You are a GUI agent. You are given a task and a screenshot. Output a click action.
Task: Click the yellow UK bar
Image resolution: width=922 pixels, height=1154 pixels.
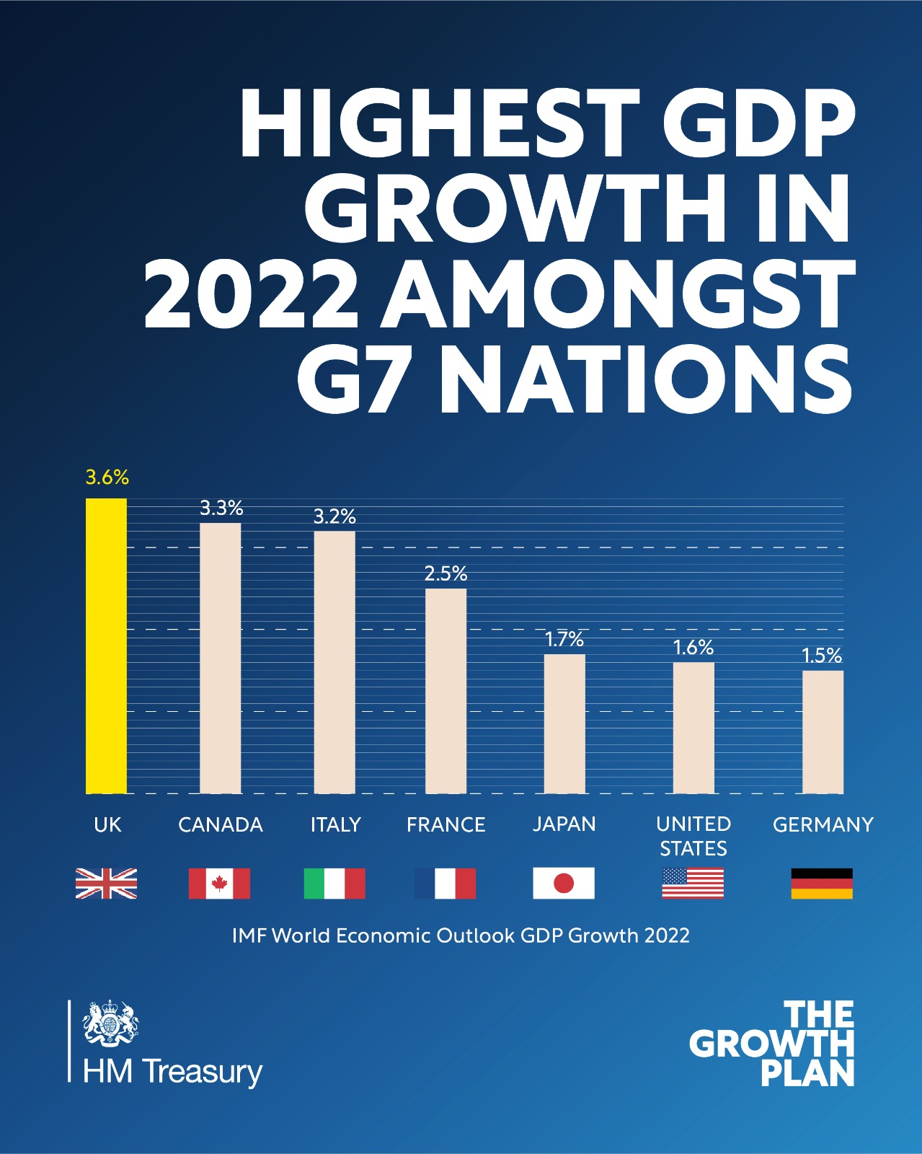[x=106, y=646]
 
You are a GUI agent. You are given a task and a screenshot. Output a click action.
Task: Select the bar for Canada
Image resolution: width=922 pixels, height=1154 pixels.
[x=220, y=658]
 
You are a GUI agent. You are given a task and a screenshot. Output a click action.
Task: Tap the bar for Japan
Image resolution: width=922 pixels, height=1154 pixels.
[x=564, y=723]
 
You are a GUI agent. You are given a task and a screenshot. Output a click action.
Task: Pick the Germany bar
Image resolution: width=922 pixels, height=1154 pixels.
[x=823, y=732]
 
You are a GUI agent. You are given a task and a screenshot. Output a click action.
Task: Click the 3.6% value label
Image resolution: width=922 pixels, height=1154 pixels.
[x=107, y=477]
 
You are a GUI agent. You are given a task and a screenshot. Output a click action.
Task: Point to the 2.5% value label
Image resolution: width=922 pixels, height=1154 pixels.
[x=446, y=574]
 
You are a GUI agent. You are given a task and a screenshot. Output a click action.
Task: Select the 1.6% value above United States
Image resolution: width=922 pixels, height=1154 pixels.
[x=693, y=648]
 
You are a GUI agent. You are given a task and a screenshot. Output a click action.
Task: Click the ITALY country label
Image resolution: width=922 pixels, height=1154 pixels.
[x=335, y=824]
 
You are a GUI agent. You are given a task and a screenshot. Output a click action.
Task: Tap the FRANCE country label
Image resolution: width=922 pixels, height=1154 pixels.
[x=446, y=824]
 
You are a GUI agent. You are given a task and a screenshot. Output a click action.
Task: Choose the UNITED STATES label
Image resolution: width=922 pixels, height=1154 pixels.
[x=693, y=836]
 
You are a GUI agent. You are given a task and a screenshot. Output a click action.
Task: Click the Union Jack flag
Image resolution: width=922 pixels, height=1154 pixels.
[x=106, y=884]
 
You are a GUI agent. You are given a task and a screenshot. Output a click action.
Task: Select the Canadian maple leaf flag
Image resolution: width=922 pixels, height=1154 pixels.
[x=219, y=884]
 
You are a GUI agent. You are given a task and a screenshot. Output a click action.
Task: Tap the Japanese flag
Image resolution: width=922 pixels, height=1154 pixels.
[x=564, y=884]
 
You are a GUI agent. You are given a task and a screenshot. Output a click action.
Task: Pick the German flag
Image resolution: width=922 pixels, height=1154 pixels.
[x=822, y=884]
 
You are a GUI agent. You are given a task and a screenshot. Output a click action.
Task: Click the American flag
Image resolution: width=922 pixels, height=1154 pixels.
[x=693, y=884]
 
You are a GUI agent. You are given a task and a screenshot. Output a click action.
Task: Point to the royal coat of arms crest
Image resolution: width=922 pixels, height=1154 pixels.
[x=110, y=1023]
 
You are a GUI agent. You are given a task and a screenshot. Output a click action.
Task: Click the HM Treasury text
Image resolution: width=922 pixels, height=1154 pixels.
[x=172, y=1072]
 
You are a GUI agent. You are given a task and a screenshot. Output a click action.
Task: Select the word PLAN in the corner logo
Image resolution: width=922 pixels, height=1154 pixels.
[x=807, y=1074]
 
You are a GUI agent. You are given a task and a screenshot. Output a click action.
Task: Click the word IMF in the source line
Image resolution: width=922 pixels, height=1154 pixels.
[x=249, y=935]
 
